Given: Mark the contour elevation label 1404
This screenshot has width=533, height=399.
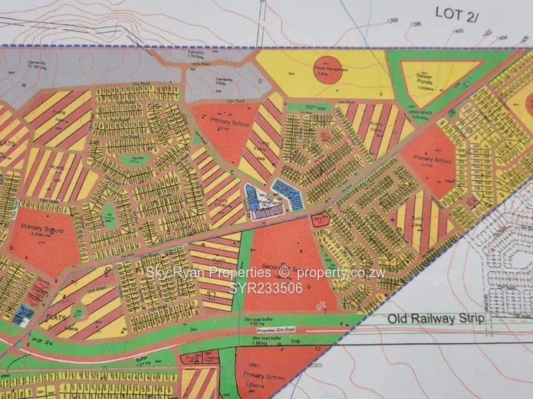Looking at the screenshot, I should [502, 36].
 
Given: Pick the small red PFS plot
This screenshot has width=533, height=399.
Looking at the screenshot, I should [321, 219].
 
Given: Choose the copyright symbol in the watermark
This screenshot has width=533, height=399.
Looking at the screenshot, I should [284, 273].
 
